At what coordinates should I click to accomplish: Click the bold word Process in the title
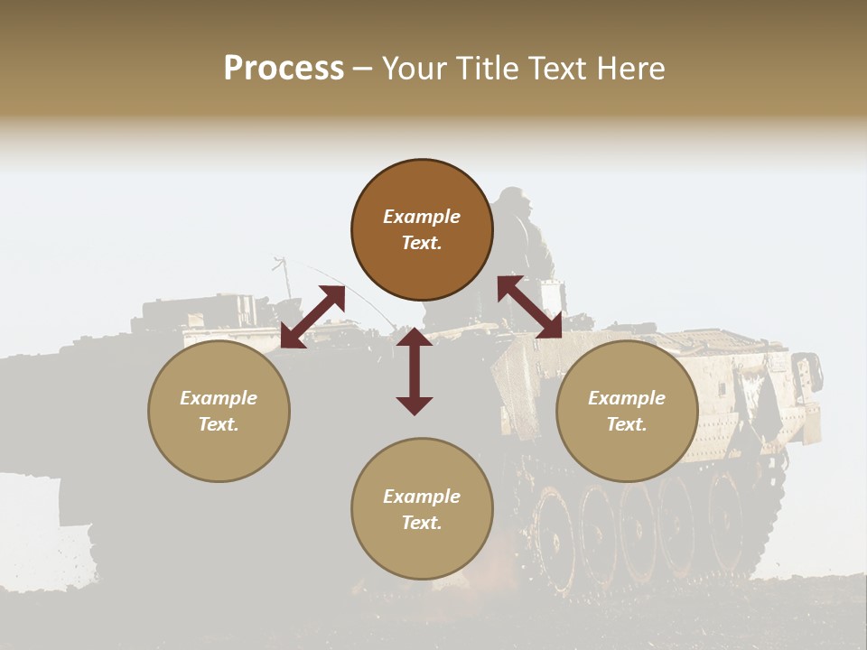[x=284, y=69]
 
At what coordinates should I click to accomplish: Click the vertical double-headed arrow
[x=415, y=370]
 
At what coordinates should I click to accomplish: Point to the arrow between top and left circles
[x=312, y=317]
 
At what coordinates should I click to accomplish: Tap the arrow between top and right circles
[x=529, y=307]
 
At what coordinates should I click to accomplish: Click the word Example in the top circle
[x=422, y=217]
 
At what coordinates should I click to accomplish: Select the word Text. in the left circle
[x=219, y=424]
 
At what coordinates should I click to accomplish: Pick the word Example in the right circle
[x=627, y=398]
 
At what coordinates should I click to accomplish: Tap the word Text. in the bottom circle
[x=422, y=523]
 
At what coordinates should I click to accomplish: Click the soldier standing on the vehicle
[x=526, y=244]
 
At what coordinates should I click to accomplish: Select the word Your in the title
[x=411, y=69]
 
